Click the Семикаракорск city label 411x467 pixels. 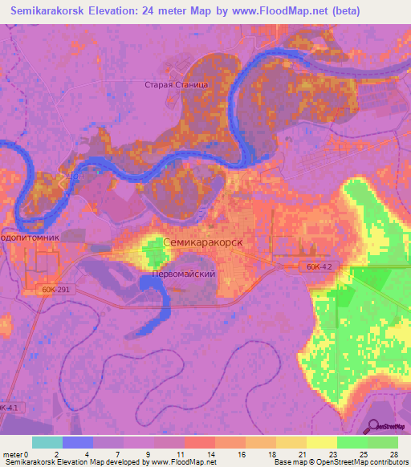(202, 241)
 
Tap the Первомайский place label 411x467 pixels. (184, 274)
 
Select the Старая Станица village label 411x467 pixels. (177, 83)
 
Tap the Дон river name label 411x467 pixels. (75, 174)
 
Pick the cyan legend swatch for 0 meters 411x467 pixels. (47, 442)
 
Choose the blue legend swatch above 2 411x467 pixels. (77, 442)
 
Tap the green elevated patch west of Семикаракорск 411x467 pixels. (153, 252)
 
